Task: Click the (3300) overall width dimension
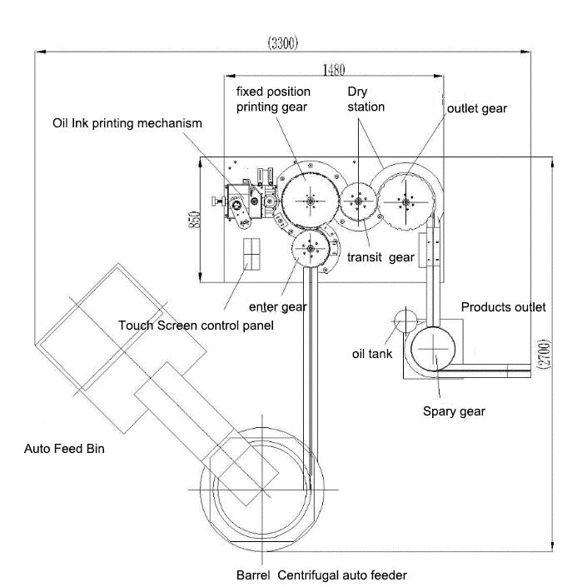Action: click(x=283, y=42)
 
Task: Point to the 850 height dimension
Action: click(x=194, y=219)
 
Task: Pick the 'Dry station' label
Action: click(x=366, y=98)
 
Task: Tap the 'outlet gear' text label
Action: click(x=477, y=109)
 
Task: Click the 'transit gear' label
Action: click(x=381, y=257)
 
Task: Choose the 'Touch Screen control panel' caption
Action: click(x=196, y=325)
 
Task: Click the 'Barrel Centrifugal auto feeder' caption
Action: click(x=321, y=575)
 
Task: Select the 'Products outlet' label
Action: click(x=503, y=307)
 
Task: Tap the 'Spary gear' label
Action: click(x=454, y=410)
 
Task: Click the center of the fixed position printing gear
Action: click(x=310, y=200)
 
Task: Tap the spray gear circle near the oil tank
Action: click(x=434, y=348)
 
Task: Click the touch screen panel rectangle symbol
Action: click(x=251, y=253)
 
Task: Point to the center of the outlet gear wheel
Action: click(x=405, y=200)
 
